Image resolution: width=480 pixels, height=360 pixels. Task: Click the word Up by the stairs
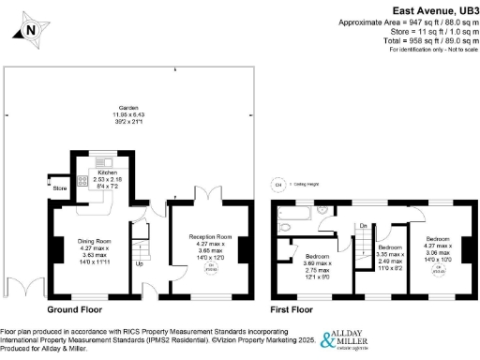(141, 262)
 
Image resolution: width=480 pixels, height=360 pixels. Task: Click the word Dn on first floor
(363, 225)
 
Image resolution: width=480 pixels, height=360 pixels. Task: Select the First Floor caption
(292, 307)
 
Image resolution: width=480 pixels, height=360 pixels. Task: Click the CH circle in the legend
(277, 185)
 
